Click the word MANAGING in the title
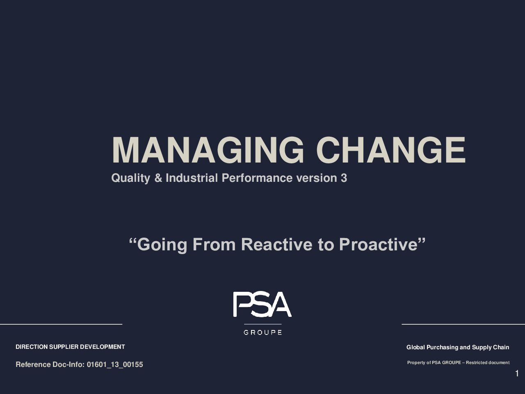(208, 150)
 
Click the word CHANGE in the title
(391, 150)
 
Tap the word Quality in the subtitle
(131, 178)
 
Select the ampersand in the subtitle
(158, 178)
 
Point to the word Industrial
(192, 178)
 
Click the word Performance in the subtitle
(257, 178)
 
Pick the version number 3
(344, 178)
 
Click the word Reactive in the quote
(276, 245)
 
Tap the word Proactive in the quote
(379, 245)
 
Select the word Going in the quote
(162, 245)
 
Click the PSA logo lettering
(262, 304)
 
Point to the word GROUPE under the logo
(262, 332)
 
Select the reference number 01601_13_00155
(115, 364)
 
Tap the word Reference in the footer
(33, 364)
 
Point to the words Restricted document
(488, 363)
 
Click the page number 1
(517, 373)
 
